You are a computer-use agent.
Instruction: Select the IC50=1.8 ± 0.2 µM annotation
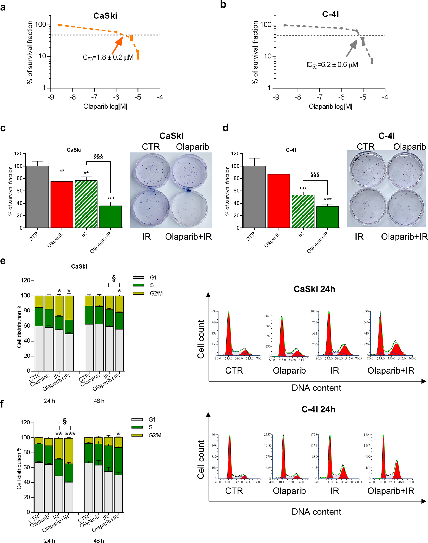[x=108, y=57]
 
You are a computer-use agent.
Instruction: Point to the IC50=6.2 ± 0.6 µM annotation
[x=332, y=65]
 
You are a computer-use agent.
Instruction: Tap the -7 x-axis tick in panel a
[x=94, y=97]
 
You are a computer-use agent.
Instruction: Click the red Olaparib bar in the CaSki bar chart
[x=62, y=205]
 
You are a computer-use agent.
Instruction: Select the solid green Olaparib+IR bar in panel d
[x=327, y=217]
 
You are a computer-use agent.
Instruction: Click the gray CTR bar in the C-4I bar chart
[x=254, y=197]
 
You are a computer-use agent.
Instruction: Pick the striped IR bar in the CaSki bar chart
[x=86, y=204]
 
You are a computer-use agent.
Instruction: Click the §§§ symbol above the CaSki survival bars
[x=98, y=157]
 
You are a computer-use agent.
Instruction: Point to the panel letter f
[x=2, y=404]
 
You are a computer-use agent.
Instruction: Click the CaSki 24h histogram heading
[x=314, y=289]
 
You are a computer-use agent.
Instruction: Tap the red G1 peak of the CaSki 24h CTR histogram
[x=228, y=335]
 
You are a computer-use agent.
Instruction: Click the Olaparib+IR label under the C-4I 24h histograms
[x=391, y=491]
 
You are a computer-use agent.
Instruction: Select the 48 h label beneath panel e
[x=99, y=401]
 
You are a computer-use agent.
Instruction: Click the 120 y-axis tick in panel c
[x=18, y=154]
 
